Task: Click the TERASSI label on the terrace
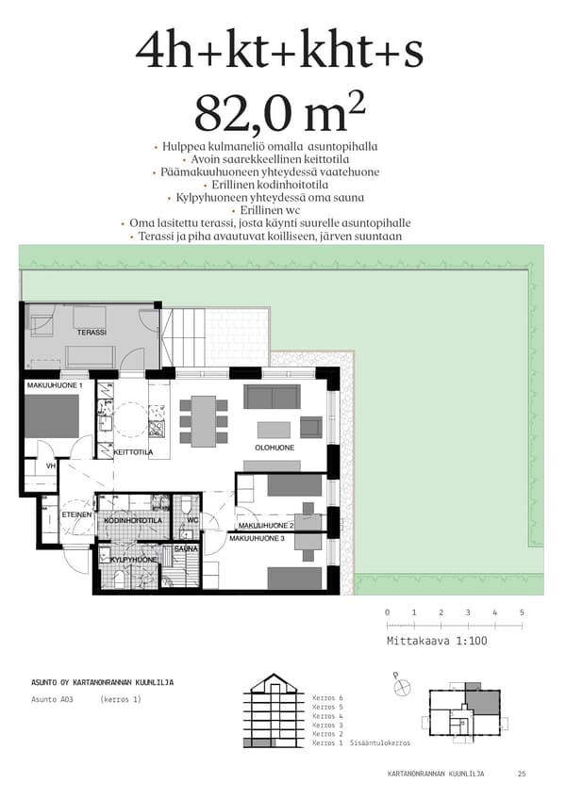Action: tap(92, 333)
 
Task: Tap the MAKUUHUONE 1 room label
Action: tap(55, 385)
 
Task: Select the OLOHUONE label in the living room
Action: tap(275, 448)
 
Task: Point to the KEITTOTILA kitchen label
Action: tap(133, 452)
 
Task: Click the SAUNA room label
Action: tap(186, 548)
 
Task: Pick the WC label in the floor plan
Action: tap(192, 520)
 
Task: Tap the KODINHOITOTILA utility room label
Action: tap(133, 520)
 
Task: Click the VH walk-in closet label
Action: tap(51, 465)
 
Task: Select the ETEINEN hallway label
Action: tap(76, 514)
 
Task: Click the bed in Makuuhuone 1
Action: tap(52, 416)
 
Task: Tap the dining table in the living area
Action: tap(204, 421)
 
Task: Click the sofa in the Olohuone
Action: tap(272, 397)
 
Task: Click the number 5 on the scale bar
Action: tap(522, 612)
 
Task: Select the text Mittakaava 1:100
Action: tap(437, 641)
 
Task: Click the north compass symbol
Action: tap(402, 688)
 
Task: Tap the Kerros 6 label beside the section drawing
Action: tap(327, 697)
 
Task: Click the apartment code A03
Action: tap(66, 699)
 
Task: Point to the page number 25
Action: tap(522, 774)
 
